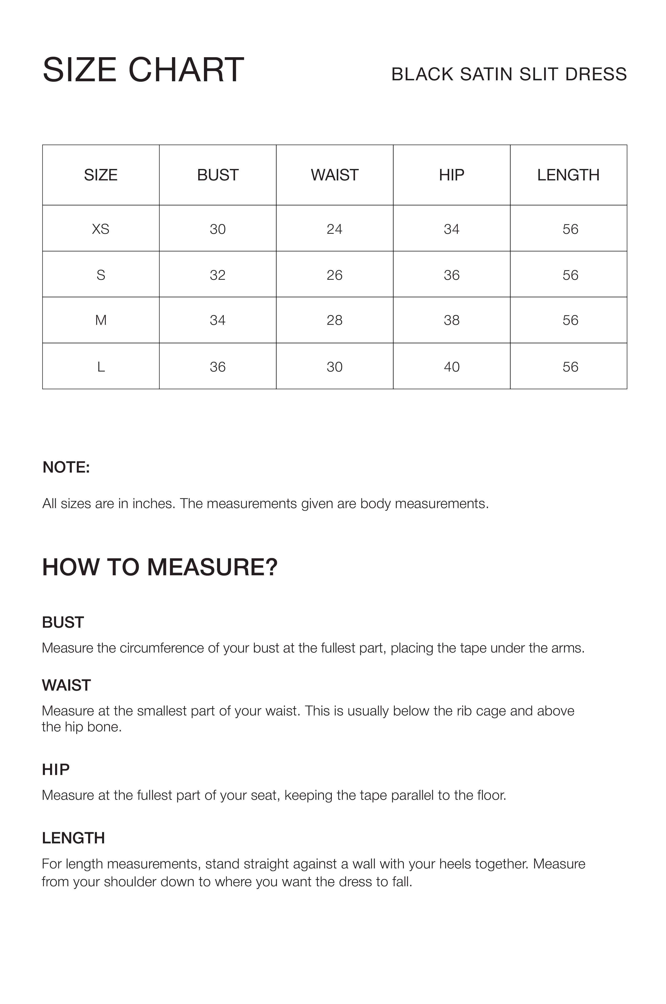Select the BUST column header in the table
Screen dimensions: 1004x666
click(x=218, y=175)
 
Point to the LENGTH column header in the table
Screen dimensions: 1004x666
click(x=568, y=175)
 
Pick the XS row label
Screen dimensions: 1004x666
click(x=101, y=229)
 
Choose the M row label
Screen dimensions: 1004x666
click(x=101, y=320)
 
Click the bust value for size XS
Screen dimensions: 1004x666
click(x=218, y=229)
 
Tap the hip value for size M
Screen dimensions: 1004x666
click(x=452, y=320)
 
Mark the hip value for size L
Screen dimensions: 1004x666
click(x=452, y=367)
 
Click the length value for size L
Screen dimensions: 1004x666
click(x=570, y=367)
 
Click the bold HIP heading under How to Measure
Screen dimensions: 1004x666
click(x=56, y=769)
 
